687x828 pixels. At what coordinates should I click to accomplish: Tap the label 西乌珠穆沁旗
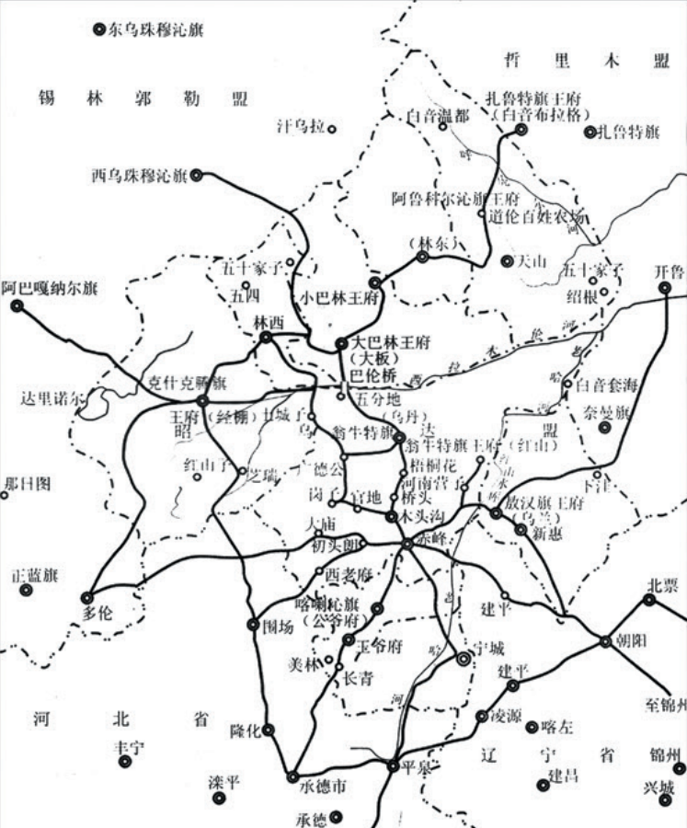tap(138, 173)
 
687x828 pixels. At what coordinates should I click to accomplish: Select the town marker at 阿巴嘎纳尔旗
tap(17, 305)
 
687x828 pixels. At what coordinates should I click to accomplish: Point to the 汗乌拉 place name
tap(301, 127)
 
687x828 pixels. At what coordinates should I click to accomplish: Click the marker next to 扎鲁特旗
tap(590, 132)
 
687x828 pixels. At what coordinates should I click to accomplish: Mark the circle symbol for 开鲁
tap(665, 288)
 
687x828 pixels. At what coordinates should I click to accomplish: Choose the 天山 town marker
tap(507, 261)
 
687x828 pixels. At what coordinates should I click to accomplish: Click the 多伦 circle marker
tap(88, 597)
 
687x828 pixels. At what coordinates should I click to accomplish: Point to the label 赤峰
tap(433, 540)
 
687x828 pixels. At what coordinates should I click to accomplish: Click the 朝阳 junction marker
tap(605, 642)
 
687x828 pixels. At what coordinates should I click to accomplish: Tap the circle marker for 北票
tap(650, 600)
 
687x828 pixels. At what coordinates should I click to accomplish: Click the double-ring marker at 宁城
tap(464, 659)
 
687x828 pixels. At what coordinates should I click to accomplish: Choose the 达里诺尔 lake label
tap(50, 397)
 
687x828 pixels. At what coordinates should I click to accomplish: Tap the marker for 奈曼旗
tap(604, 428)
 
